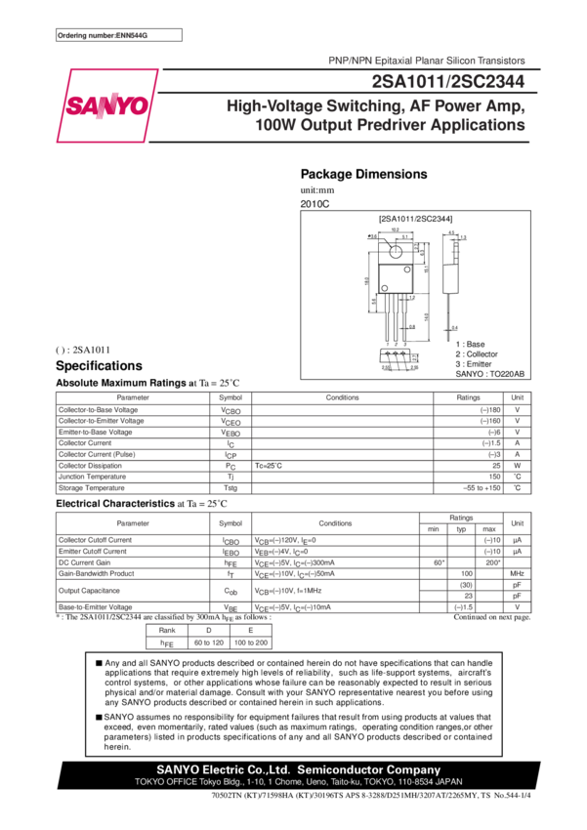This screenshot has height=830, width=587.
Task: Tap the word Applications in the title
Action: pos(479,126)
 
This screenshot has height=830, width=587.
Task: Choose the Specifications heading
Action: pos(99,365)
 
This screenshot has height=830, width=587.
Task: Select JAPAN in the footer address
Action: pos(447,782)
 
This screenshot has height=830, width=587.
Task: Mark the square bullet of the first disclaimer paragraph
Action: pos(98,663)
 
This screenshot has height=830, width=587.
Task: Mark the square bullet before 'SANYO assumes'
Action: pos(98,716)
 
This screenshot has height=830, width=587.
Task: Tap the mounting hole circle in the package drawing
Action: pos(396,250)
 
